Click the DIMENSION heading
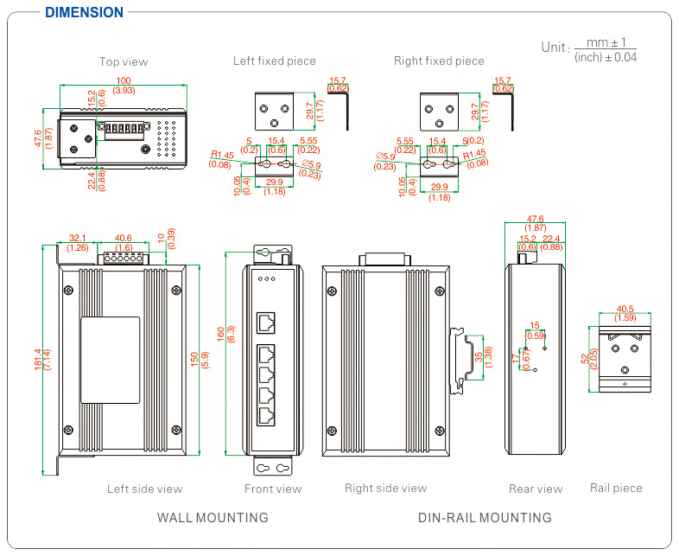tap(84, 12)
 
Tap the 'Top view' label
tap(124, 61)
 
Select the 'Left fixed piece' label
tap(275, 61)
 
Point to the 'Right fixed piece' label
tap(439, 61)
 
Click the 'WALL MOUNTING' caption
tap(213, 518)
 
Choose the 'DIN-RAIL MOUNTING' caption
tap(485, 518)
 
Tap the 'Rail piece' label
tap(616, 488)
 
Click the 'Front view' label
tap(273, 489)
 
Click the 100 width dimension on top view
tap(124, 80)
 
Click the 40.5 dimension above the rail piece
tap(626, 308)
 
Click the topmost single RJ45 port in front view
tap(267, 323)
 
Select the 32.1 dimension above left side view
tap(77, 238)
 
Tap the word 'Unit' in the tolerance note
tap(555, 47)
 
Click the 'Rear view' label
tap(536, 489)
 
